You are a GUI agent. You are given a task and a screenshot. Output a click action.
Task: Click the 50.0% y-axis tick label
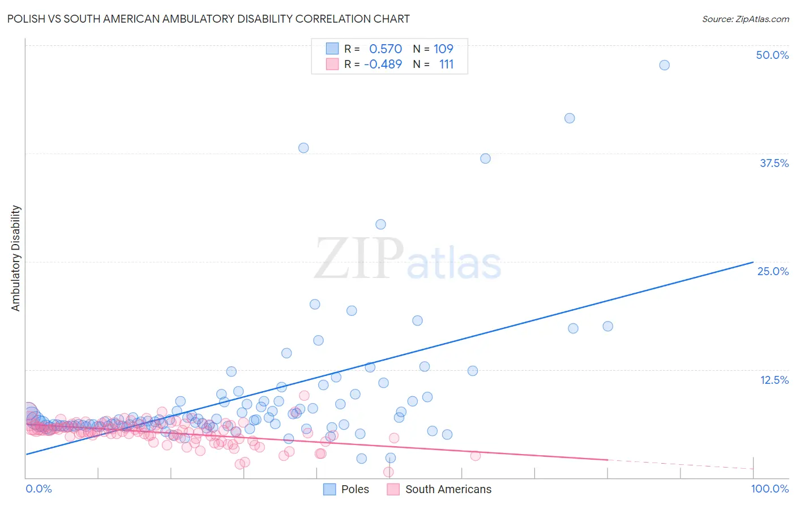click(772, 55)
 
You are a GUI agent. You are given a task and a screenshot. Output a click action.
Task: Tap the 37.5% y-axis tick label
click(773, 163)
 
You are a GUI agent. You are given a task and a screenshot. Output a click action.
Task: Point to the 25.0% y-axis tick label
click(772, 271)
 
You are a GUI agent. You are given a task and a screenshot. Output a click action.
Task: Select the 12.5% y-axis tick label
click(773, 380)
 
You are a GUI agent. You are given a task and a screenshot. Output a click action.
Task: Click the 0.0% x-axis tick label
click(38, 489)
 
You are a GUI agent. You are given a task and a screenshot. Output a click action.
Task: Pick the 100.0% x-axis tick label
click(769, 489)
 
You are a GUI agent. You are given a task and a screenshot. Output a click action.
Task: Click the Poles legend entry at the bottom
click(346, 489)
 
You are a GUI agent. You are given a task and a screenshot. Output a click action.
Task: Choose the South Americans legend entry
click(439, 489)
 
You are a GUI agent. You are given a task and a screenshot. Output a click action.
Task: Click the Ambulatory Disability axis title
click(16, 258)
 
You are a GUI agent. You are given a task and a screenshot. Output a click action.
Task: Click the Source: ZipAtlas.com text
click(745, 19)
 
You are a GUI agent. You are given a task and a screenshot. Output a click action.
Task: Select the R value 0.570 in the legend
click(386, 49)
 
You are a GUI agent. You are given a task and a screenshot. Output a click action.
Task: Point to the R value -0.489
click(383, 65)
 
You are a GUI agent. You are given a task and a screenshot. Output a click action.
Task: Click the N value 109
click(443, 49)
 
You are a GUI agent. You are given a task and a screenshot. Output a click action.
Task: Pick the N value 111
click(446, 65)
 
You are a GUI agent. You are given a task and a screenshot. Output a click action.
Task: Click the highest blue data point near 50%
click(664, 65)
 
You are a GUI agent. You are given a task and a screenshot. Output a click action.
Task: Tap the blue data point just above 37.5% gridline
click(303, 148)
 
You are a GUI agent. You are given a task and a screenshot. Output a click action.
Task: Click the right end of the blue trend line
click(753, 262)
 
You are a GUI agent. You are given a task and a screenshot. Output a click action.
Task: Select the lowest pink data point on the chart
click(388, 472)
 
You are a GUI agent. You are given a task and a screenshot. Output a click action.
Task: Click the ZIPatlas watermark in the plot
click(408, 259)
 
